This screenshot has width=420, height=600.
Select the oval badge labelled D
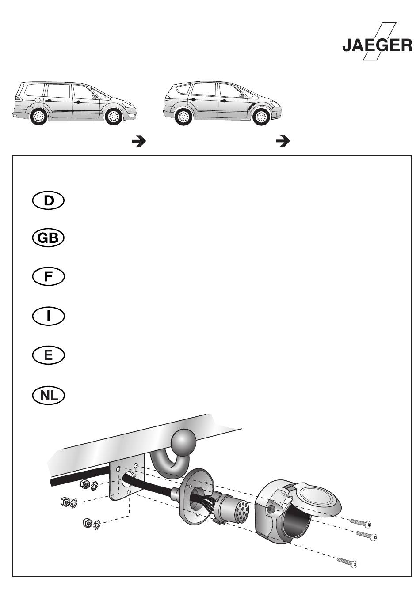(x=48, y=200)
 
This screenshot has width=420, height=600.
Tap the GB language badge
(x=48, y=238)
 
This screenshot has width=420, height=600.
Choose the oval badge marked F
(x=48, y=276)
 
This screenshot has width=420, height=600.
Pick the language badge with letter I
(x=48, y=316)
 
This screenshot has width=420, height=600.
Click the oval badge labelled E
(x=48, y=355)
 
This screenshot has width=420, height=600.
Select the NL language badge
(x=48, y=395)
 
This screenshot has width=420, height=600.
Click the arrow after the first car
(x=139, y=141)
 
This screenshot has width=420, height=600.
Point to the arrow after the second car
(x=283, y=141)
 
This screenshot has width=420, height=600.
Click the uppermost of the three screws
(x=361, y=522)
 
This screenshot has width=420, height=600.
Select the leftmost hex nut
(x=65, y=501)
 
